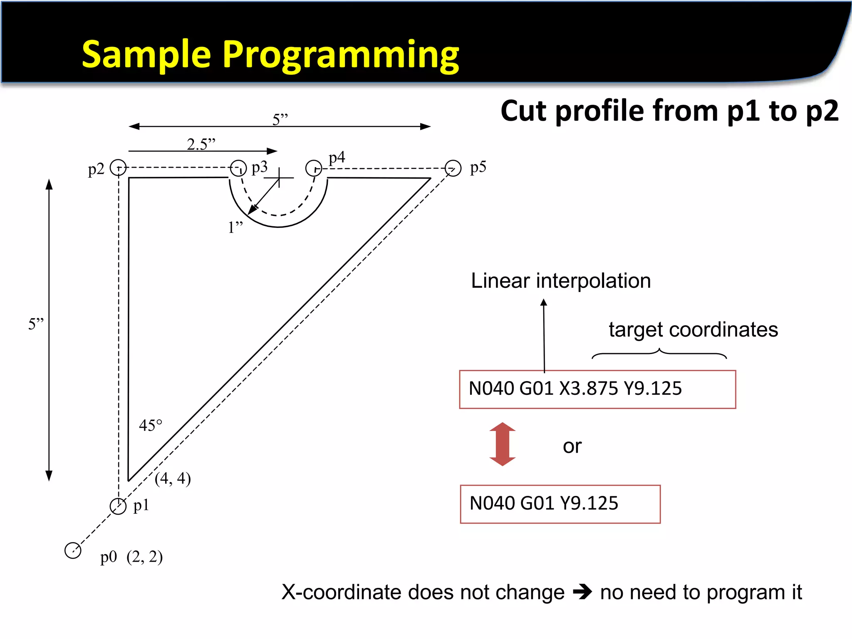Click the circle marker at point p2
point(118,168)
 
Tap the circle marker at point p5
point(453,168)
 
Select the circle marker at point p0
point(73,550)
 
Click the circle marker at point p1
point(118,506)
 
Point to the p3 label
point(260,168)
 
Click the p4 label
point(337,158)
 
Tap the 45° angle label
point(150,425)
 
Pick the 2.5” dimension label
point(201,144)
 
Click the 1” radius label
point(235,228)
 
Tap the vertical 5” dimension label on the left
point(36,324)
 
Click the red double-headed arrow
point(503,444)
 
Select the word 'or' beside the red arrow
point(572,446)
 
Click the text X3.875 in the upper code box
point(588,389)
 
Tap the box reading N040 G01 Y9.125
point(560,504)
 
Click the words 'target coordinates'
point(693,329)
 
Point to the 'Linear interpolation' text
point(561,281)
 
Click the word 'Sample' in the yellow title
point(146,55)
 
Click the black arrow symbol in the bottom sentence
point(582,592)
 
